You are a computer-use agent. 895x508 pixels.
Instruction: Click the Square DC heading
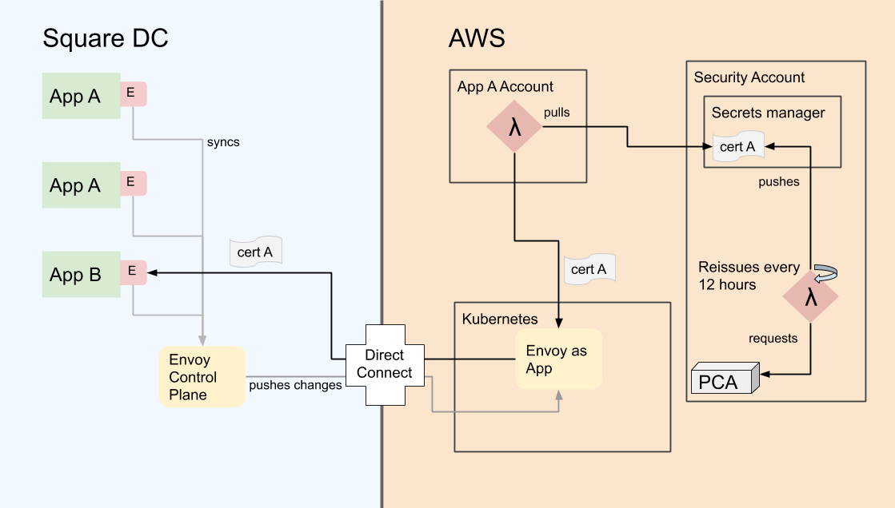tap(105, 38)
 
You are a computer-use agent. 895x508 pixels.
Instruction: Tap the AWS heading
tap(477, 38)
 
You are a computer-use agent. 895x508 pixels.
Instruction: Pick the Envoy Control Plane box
tap(202, 377)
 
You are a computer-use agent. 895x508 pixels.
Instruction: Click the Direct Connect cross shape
tap(384, 364)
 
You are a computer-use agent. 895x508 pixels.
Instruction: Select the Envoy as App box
tap(557, 359)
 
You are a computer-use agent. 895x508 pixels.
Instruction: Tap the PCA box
tap(724, 380)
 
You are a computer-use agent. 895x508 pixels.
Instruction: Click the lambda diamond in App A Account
tap(515, 126)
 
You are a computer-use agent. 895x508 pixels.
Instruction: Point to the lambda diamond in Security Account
tap(811, 297)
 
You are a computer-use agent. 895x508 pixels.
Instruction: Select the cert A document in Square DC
tap(256, 252)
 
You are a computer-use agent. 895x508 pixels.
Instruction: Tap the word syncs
tap(223, 142)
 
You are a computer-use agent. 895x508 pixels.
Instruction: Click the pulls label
tap(557, 113)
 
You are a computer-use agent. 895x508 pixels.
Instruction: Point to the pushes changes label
tap(295, 385)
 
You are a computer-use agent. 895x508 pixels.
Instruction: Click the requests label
tap(773, 339)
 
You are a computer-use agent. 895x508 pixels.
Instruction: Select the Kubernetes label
tap(500, 319)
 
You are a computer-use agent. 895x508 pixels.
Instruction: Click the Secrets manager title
tap(768, 113)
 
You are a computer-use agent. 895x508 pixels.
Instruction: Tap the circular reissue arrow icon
tap(823, 273)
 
